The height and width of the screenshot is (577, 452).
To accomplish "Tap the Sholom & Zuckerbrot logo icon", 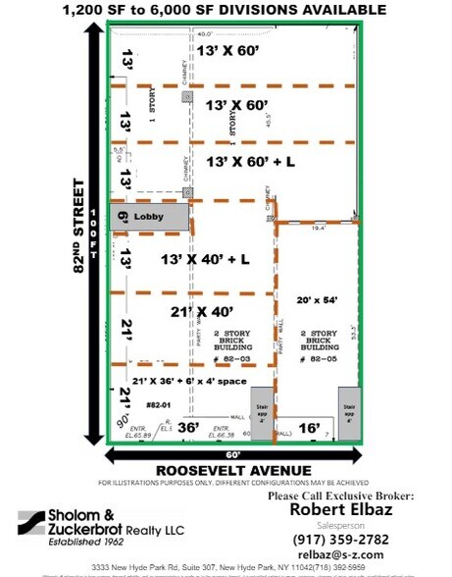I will click(x=38, y=520).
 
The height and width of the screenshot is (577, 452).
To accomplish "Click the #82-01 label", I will click(x=159, y=404).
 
